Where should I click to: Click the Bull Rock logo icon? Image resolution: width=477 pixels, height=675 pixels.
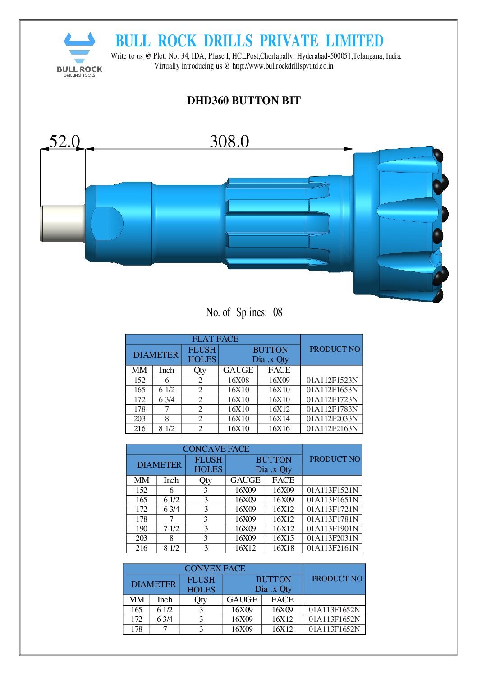[79, 48]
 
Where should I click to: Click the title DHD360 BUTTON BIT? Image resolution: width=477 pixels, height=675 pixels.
[243, 101]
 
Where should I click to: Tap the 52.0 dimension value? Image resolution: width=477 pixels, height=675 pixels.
[64, 142]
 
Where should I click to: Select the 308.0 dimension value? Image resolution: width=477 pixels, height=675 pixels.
[229, 142]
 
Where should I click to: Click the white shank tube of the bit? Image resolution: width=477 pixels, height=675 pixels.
[62, 223]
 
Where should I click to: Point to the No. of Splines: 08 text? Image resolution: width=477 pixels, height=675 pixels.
[243, 312]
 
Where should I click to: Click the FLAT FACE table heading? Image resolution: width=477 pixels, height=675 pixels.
[215, 339]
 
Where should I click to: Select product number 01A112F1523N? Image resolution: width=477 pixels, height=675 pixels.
[332, 380]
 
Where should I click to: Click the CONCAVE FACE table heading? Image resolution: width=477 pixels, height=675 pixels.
[216, 449]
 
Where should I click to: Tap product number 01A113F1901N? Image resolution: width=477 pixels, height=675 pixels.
[332, 528]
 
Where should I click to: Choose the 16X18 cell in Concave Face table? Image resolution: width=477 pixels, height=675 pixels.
[283, 548]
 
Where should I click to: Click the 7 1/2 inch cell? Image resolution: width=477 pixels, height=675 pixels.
[171, 528]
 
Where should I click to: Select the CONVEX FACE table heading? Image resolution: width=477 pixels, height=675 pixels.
[215, 569]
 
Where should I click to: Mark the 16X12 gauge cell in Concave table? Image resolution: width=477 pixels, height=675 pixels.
[245, 548]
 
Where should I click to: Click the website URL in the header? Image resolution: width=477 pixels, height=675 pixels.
[283, 66]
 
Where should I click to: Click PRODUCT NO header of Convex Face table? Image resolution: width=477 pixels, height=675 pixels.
[336, 579]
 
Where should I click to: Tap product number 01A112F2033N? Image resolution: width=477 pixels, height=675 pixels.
[332, 419]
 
